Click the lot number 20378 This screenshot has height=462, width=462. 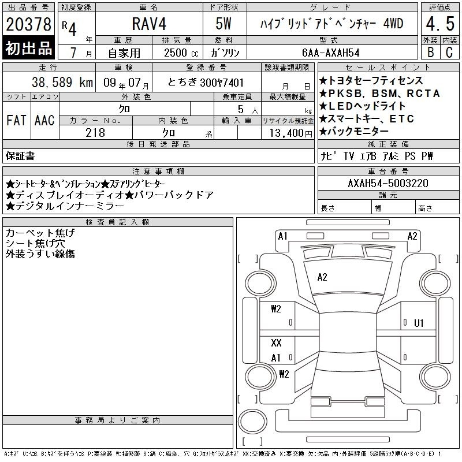tap(28, 24)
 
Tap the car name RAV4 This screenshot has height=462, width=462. tap(149, 24)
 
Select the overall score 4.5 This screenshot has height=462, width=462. tap(440, 24)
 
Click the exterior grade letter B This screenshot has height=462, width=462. tap(431, 52)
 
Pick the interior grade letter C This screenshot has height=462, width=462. tap(449, 52)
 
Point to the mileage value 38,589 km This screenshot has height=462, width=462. tap(62, 83)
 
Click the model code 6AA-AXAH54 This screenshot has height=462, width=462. tap(330, 53)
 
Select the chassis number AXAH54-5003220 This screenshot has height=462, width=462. tap(388, 183)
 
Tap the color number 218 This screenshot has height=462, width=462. tap(95, 133)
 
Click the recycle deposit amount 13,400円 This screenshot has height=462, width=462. tap(291, 133)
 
